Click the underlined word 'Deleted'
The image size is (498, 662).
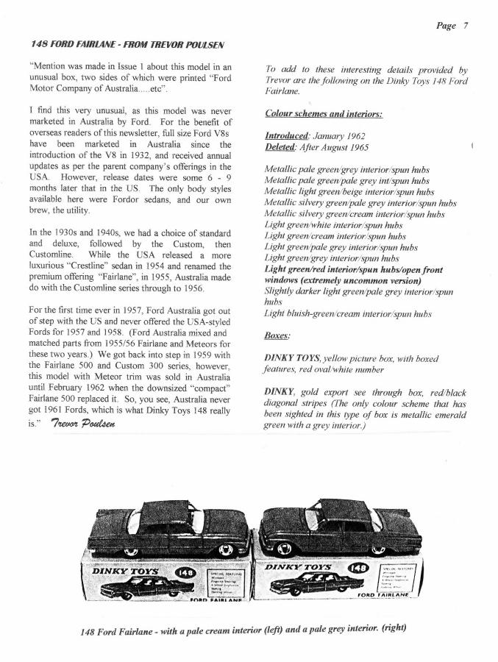[280, 147]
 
